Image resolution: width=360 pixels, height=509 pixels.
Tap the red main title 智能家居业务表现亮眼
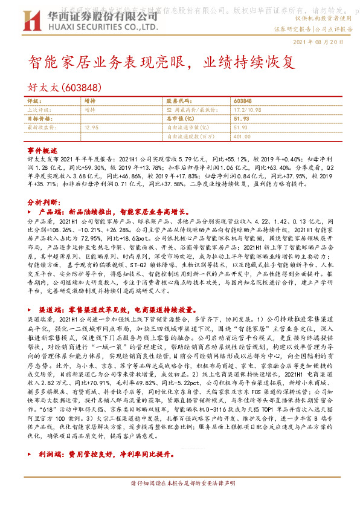[112, 62]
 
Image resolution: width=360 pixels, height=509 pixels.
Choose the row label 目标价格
[40, 118]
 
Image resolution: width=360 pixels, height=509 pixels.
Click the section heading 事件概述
[42, 149]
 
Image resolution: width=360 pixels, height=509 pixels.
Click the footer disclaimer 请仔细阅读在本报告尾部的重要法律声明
[180, 501]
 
